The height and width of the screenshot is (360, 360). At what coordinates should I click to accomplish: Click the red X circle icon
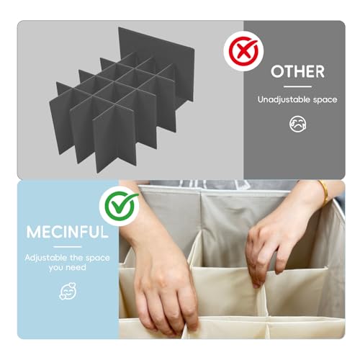[x=243, y=51]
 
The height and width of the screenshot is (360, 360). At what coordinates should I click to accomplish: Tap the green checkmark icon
[x=120, y=206]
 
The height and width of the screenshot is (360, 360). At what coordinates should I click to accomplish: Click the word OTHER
[x=297, y=71]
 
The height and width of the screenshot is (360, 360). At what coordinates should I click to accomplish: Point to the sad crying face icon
[x=297, y=124]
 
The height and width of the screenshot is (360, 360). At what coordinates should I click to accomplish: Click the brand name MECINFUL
[x=68, y=232]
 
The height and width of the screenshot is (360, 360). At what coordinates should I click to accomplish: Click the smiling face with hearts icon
[x=68, y=291]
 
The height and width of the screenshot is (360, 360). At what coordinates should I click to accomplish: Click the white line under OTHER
[x=297, y=86]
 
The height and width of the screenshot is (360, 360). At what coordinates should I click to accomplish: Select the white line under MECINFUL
[x=68, y=247]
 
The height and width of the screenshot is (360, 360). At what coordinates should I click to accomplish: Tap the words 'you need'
[x=68, y=267]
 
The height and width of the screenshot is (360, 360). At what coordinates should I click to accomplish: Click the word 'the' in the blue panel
[x=76, y=258]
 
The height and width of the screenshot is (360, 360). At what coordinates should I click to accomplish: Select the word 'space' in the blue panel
[x=98, y=258]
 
